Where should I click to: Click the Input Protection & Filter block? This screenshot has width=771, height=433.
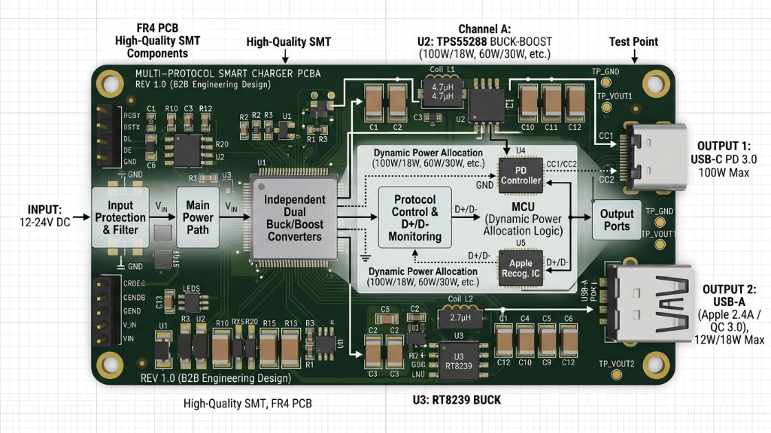[120, 217]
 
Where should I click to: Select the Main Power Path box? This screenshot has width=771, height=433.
[198, 217]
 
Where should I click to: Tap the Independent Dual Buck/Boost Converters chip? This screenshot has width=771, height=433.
[290, 217]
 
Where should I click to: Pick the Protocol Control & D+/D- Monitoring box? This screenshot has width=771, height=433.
[414, 217]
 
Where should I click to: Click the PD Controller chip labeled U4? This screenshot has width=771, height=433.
[521, 174]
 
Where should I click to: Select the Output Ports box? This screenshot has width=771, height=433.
[617, 220]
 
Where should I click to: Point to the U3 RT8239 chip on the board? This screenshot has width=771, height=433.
[453, 362]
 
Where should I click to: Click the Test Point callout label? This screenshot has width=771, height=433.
[634, 42]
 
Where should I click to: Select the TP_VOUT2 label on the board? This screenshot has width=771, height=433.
[616, 364]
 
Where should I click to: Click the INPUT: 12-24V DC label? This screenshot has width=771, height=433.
[44, 216]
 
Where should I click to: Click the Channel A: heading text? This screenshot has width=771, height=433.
[484, 29]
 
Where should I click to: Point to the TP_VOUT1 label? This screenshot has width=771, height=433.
[615, 96]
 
